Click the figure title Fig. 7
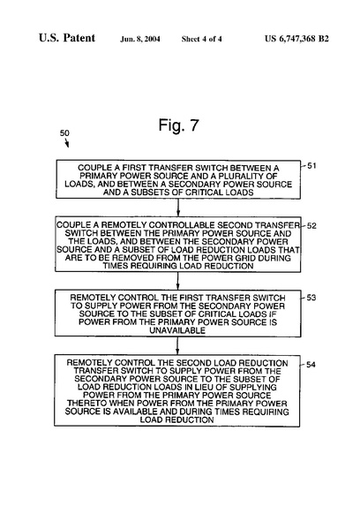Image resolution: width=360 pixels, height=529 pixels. pyautogui.click(x=178, y=125)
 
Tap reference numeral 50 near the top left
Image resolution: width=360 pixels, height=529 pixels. pyautogui.click(x=64, y=133)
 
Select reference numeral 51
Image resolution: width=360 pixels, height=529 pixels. pyautogui.click(x=311, y=166)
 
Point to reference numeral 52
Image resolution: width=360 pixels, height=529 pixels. pyautogui.click(x=311, y=226)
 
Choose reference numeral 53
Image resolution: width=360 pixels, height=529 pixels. pyautogui.click(x=311, y=298)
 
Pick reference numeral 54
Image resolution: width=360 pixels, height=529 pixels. pyautogui.click(x=311, y=365)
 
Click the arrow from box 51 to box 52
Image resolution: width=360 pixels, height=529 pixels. pyautogui.click(x=178, y=208)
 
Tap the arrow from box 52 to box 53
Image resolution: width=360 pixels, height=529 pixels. pyautogui.click(x=178, y=281)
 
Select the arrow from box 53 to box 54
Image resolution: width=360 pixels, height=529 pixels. pyautogui.click(x=177, y=345)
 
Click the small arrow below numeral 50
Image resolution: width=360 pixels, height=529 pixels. pyautogui.click(x=67, y=143)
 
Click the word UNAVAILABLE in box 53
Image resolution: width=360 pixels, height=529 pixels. pyautogui.click(x=177, y=330)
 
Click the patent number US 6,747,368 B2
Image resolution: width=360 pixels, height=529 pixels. pyautogui.click(x=296, y=39)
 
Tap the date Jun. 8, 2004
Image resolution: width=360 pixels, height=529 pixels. pyautogui.click(x=140, y=39)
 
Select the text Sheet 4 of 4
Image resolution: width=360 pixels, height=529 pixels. pyautogui.click(x=201, y=39)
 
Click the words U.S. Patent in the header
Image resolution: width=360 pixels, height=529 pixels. pyautogui.click(x=67, y=38)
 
